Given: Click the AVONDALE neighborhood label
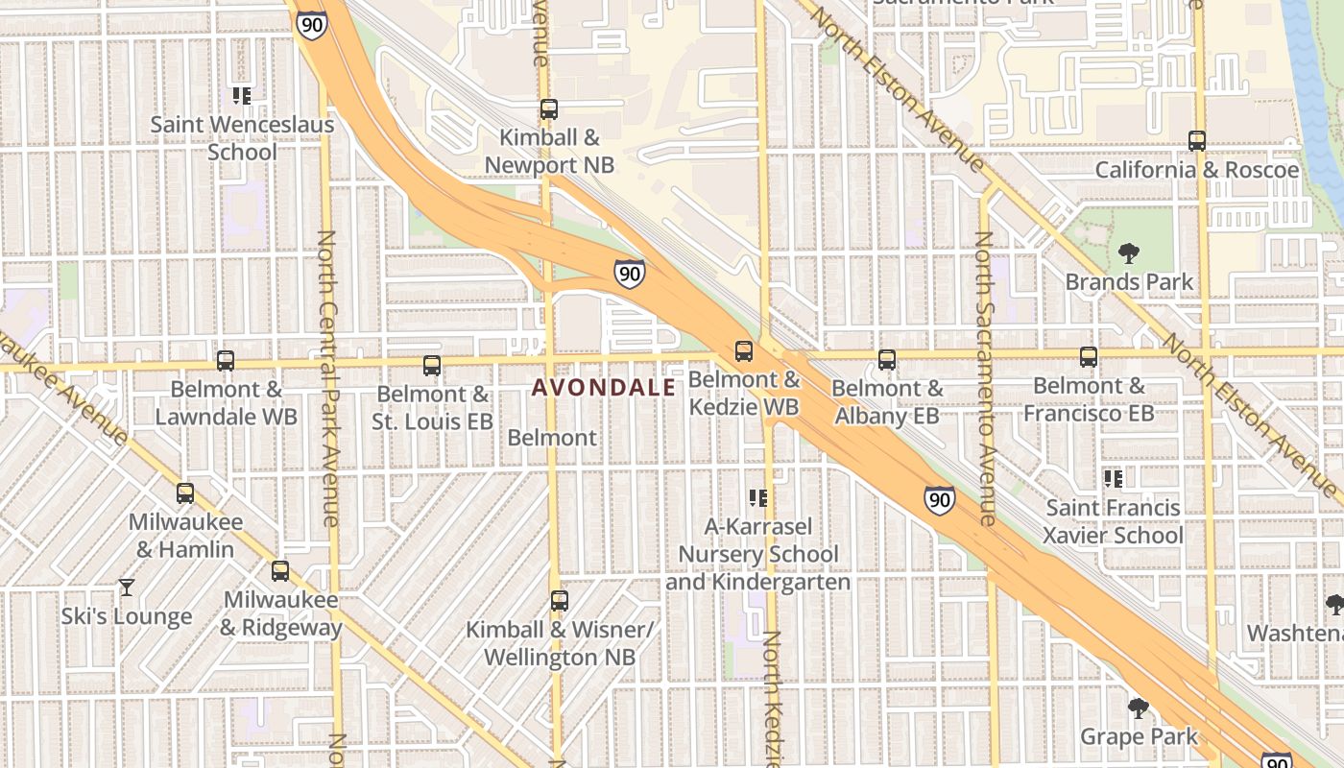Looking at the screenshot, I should pyautogui.click(x=603, y=387).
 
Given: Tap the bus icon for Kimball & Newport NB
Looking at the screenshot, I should pyautogui.click(x=548, y=109).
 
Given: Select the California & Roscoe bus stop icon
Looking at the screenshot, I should pyautogui.click(x=1196, y=140).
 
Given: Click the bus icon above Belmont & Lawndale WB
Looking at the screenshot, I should pyautogui.click(x=225, y=361).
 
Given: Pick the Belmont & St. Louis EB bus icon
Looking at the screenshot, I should pyautogui.click(x=431, y=365).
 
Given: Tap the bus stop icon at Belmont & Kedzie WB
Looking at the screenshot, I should pyautogui.click(x=743, y=351).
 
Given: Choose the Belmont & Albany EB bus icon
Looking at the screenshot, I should pyautogui.click(x=886, y=360).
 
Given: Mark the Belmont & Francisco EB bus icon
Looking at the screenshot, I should pyautogui.click(x=1088, y=357).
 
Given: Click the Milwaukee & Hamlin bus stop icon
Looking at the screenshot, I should pyautogui.click(x=184, y=493).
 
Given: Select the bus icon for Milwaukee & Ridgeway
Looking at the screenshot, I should pyautogui.click(x=279, y=570).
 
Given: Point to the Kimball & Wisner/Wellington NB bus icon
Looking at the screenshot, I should pyautogui.click(x=559, y=601).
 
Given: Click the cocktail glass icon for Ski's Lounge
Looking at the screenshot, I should pyautogui.click(x=126, y=587).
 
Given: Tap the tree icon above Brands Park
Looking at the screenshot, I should pyautogui.click(x=1128, y=253).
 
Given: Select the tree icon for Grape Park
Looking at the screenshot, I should pyautogui.click(x=1138, y=708).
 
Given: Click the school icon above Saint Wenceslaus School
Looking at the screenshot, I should pyautogui.click(x=241, y=95).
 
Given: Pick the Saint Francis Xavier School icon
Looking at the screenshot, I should pyautogui.click(x=1113, y=478).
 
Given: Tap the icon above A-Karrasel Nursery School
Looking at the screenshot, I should pyautogui.click(x=757, y=497).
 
